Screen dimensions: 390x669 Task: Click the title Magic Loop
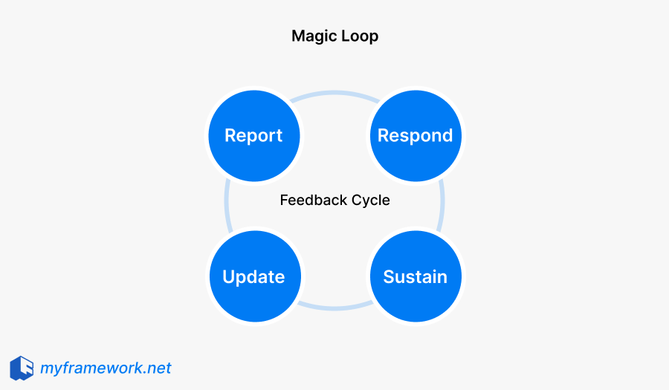[334, 36]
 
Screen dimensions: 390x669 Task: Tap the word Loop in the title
[358, 36]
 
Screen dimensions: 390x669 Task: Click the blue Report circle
[253, 136]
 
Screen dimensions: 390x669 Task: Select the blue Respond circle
[415, 136]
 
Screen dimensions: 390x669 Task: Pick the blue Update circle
[253, 277]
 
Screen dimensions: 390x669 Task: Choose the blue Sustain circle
[415, 277]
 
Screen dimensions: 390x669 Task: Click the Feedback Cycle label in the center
[334, 201]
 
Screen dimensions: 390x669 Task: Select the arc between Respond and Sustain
[443, 206]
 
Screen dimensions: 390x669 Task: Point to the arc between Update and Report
[226, 206]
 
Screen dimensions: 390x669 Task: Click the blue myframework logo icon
[22, 368]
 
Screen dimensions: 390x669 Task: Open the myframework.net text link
[106, 368]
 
